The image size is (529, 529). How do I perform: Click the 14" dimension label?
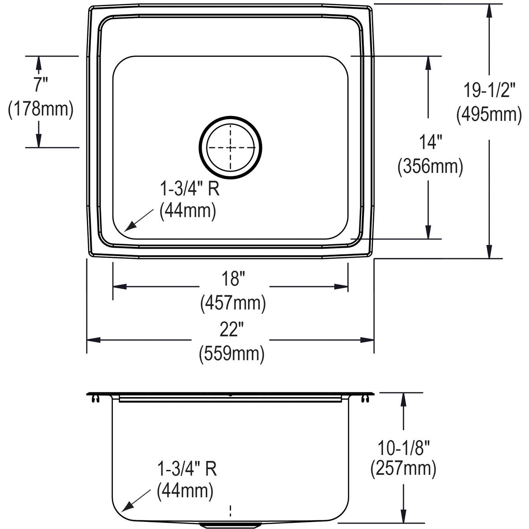[430, 142]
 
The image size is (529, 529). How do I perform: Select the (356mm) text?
[430, 167]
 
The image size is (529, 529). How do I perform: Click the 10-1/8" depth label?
[403, 447]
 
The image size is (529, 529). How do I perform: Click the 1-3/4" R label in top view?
[189, 190]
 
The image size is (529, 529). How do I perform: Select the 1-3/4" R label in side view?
[187, 469]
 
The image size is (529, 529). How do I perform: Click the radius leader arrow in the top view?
[137, 222]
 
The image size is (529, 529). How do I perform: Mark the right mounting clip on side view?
[365, 399]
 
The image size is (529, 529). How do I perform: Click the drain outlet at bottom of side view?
[230, 525]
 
